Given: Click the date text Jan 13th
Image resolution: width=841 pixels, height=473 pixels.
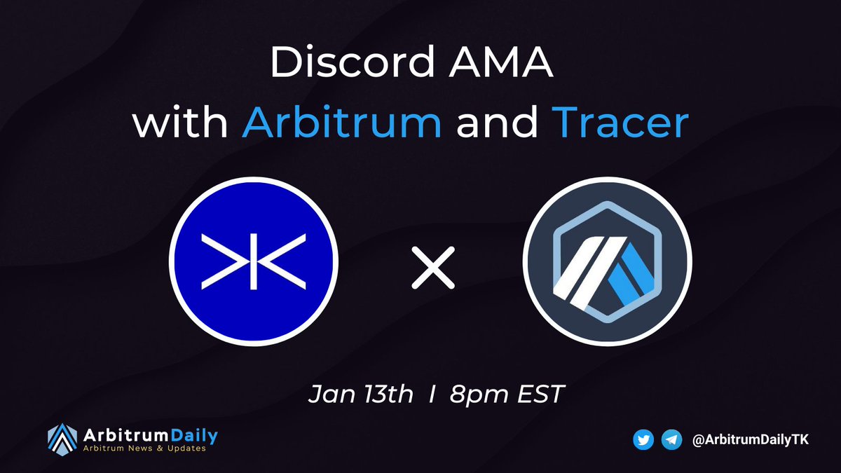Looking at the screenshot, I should pyautogui.click(x=361, y=395).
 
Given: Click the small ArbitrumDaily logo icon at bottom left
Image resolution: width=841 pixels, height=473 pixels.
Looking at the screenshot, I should pyautogui.click(x=62, y=439).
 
